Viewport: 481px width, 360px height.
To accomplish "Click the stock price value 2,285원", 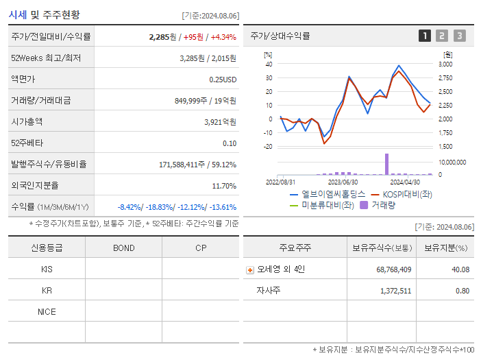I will pyautogui.click(x=163, y=37).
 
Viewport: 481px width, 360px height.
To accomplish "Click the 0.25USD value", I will pyautogui.click(x=223, y=80).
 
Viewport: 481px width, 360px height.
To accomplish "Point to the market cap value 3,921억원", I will pyautogui.click(x=220, y=122).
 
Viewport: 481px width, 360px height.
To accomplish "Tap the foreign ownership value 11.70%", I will pyautogui.click(x=224, y=186).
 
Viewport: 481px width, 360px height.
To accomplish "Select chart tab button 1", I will pyautogui.click(x=425, y=36).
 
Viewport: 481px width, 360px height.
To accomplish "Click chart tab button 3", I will pyautogui.click(x=459, y=36).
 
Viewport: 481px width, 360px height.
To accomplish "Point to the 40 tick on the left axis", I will pyautogui.click(x=269, y=64).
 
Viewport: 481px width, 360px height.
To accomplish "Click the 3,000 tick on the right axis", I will pyautogui.click(x=445, y=64).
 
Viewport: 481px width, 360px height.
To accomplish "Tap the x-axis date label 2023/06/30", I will pyautogui.click(x=343, y=182).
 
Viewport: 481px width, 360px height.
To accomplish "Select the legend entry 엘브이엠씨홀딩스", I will pyautogui.click(x=329, y=195).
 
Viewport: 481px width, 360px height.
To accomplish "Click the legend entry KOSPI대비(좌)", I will pyautogui.click(x=406, y=195).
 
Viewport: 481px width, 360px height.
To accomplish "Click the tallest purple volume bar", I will pyautogui.click(x=386, y=164).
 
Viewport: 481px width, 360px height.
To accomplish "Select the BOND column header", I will pyautogui.click(x=123, y=248).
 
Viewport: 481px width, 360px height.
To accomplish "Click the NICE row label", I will pyautogui.click(x=47, y=312).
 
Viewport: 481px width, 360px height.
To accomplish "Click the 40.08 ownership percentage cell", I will pyautogui.click(x=459, y=269).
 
